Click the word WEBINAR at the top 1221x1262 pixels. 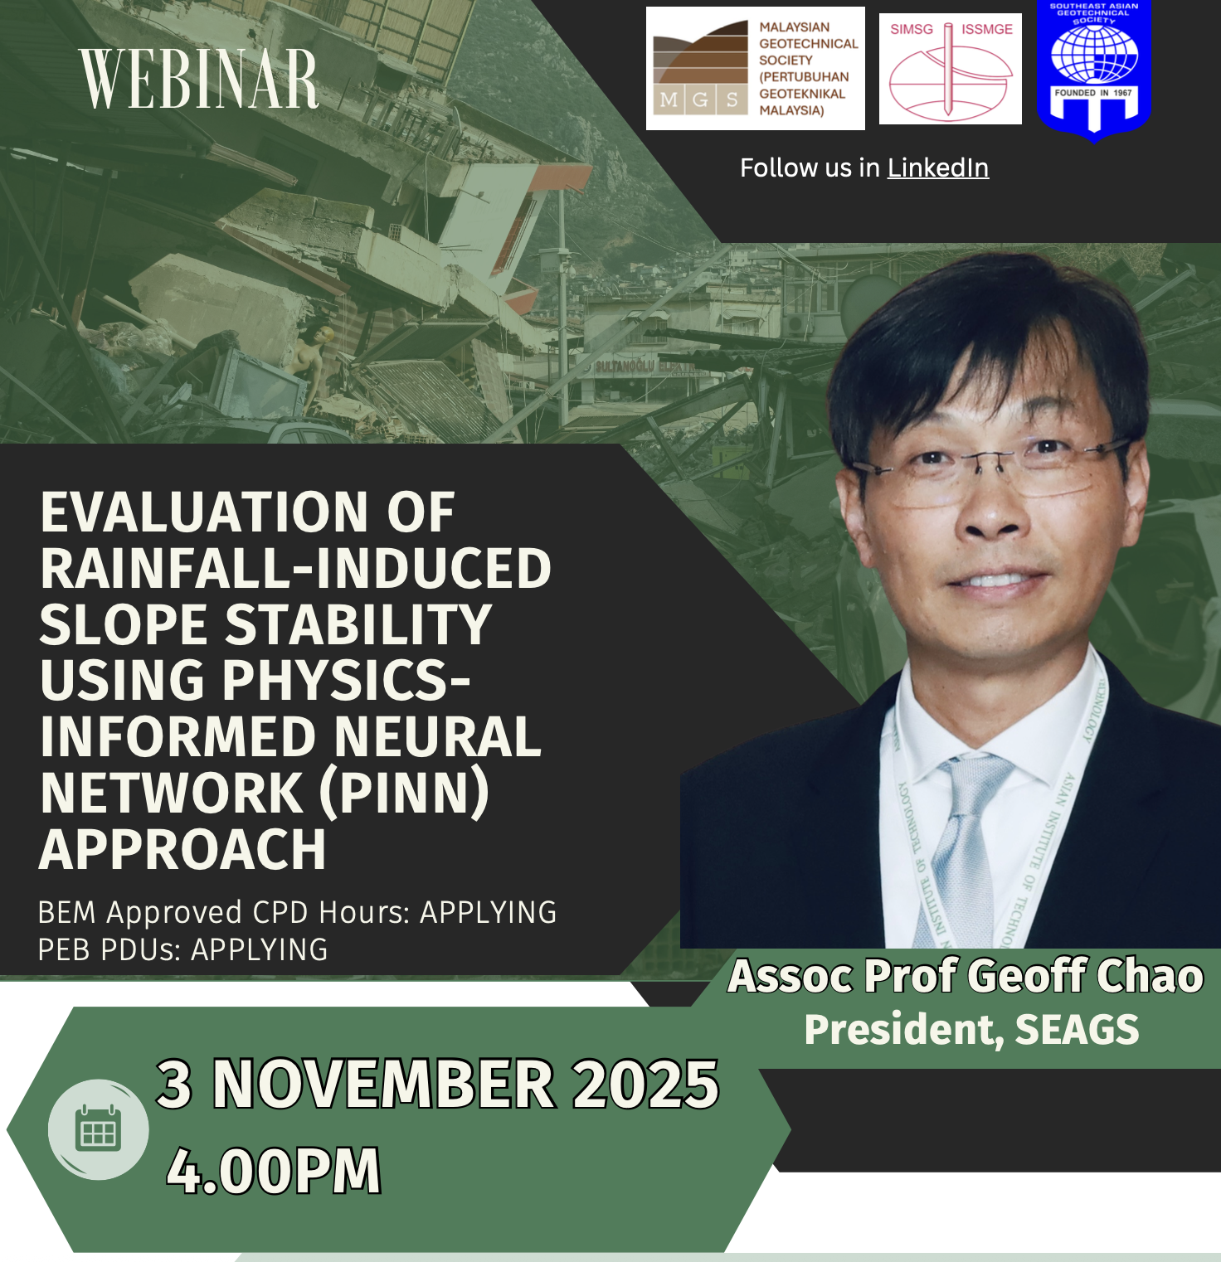pyautogui.click(x=199, y=79)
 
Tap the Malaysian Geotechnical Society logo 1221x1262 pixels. pyautogui.click(x=755, y=68)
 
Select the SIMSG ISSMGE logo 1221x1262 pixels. pyautogui.click(x=951, y=69)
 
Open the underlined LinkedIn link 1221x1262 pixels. pyautogui.click(x=938, y=167)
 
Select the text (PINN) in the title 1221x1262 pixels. pyautogui.click(x=404, y=794)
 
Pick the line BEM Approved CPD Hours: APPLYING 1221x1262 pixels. pyautogui.click(x=297, y=912)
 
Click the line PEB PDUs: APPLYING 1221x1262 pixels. pyautogui.click(x=182, y=949)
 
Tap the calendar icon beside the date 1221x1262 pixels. pyautogui.click(x=99, y=1129)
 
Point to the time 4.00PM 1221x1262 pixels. pyautogui.click(x=274, y=1171)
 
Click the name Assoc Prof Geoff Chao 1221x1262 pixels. pyautogui.click(x=966, y=975)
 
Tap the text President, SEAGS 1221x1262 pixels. pyautogui.click(x=971, y=1030)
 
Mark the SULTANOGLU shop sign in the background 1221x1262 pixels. pyautogui.click(x=624, y=366)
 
